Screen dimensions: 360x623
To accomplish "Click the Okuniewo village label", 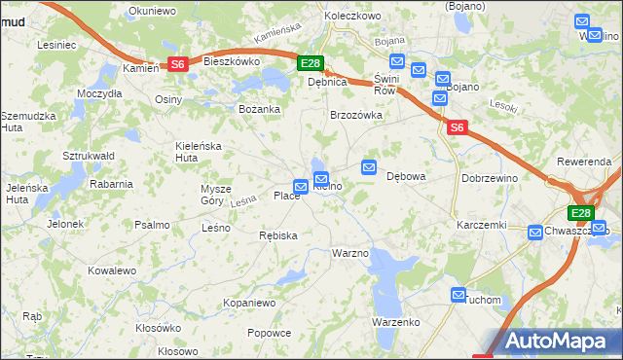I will point(150,13).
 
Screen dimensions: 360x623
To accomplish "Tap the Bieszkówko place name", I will point(231,60).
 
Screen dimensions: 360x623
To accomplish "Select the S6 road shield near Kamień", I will point(177,64).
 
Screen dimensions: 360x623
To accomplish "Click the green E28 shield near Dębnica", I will point(310,64).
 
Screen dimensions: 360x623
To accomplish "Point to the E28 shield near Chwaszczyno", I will point(581,214).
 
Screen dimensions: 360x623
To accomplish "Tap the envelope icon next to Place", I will point(302,187).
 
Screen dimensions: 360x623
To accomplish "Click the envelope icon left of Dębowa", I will point(369,168).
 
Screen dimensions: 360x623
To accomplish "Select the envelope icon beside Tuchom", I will point(458,294).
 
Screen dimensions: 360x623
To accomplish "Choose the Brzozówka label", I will point(356,115).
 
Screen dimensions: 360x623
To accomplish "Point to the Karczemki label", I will point(483,225).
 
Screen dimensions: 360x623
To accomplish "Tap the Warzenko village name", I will point(395,322).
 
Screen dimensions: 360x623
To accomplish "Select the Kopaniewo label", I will point(250,303).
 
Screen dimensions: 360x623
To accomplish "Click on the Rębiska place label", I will point(278,235).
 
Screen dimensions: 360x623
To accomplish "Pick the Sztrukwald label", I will point(89,156).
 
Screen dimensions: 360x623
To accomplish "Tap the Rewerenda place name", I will point(584,161).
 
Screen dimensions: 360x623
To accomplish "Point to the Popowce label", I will point(270,333).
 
